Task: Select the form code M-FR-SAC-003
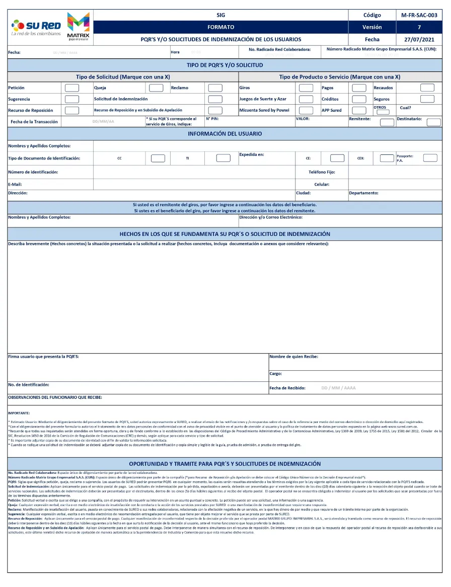[419, 15]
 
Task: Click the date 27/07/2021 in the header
[419, 39]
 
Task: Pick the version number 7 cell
[419, 27]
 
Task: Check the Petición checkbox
[72, 88]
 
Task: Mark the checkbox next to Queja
[157, 88]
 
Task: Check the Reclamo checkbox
[215, 88]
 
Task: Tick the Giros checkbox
[306, 88]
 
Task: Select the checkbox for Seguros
[427, 99]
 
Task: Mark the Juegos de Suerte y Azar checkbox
[306, 99]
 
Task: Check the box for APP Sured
[359, 110]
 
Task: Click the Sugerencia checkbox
[72, 99]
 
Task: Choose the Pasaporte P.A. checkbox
[430, 158]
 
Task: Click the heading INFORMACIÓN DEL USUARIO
[224, 134]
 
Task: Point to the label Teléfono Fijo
[322, 172]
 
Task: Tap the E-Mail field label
[15, 185]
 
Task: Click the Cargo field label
[275, 374]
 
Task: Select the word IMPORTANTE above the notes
[19, 413]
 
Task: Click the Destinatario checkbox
[433, 122]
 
